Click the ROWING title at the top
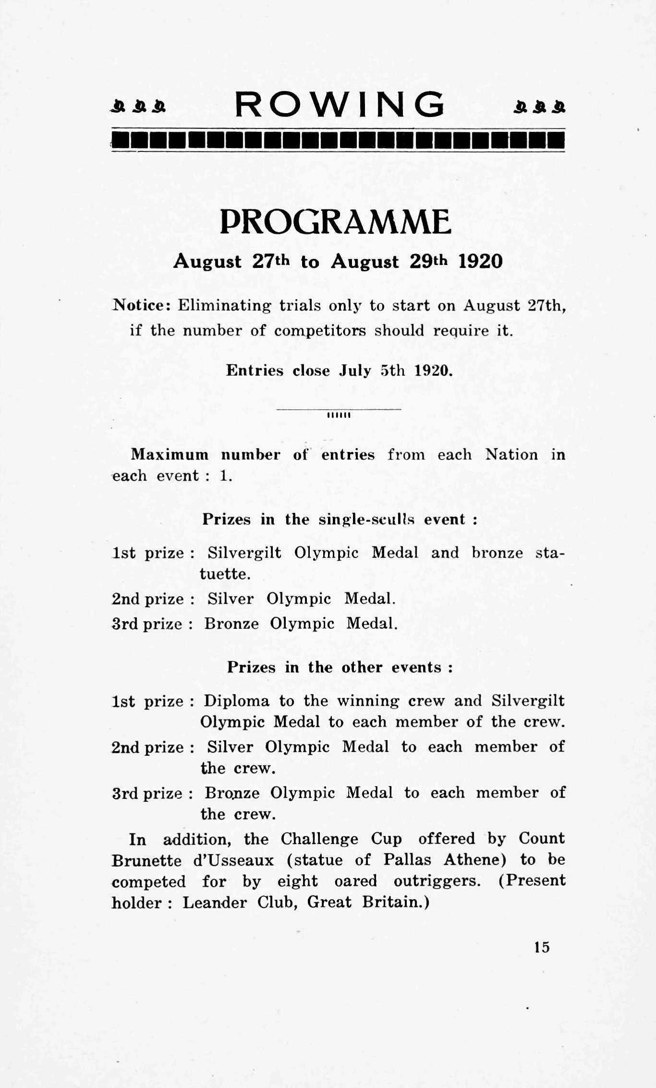339,104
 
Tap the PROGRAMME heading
335,222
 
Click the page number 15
541,947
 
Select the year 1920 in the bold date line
480,262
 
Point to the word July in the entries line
355,370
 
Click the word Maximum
170,454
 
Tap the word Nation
512,454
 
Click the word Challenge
319,839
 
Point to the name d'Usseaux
234,861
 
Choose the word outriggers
436,881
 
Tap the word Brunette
146,861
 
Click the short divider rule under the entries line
339,410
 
